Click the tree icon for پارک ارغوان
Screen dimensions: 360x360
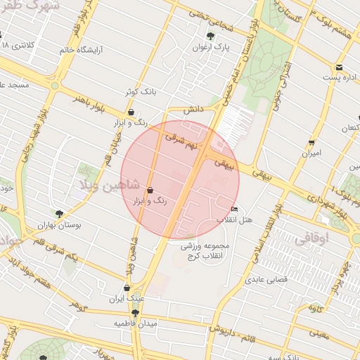210,36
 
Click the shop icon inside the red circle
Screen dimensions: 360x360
150,190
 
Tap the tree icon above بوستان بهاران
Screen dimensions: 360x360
59,214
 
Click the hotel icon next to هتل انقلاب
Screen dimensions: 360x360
234,209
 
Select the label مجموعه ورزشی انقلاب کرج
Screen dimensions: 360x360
206,251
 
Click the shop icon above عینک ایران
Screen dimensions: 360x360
127,288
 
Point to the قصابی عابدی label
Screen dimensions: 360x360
264,280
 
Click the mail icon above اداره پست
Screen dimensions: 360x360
340,67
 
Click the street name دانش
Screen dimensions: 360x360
193,110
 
